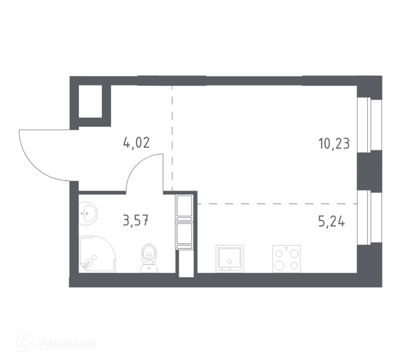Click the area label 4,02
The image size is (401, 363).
coord(136,143)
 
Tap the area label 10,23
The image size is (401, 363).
coord(334,144)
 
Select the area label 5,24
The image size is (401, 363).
coord(331,221)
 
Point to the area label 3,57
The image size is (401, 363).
coord(136,220)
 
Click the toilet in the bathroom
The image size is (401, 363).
coord(149,258)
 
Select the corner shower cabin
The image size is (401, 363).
coord(97,255)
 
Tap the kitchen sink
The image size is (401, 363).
coord(230,259)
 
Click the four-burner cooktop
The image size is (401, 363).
coord(286,259)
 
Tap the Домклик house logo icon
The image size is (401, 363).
coord(25,342)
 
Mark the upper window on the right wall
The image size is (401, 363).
coord(369,124)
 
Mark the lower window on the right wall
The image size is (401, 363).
coord(369,217)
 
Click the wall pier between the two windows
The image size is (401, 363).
coord(369,170)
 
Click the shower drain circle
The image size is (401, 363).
coord(94,257)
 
